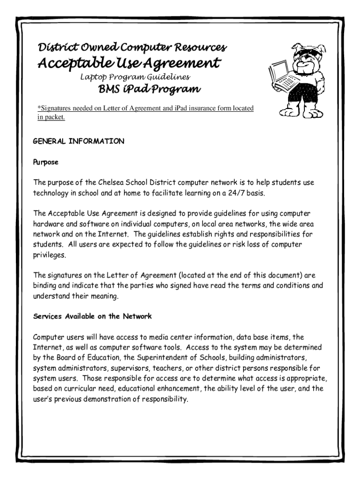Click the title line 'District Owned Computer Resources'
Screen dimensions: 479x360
coord(132,48)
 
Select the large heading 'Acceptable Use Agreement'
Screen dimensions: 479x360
coord(129,63)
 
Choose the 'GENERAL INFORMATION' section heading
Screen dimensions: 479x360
coord(79,141)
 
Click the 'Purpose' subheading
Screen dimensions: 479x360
coord(45,162)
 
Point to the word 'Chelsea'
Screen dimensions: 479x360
coord(113,182)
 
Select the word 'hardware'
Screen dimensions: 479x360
coord(50,224)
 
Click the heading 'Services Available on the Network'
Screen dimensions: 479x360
coord(92,316)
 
